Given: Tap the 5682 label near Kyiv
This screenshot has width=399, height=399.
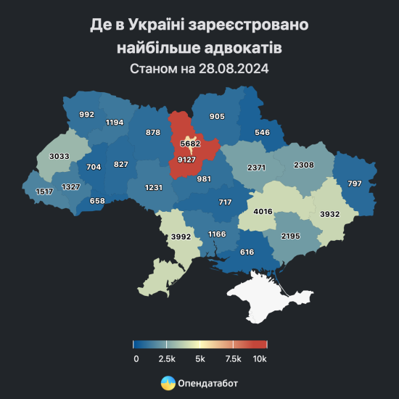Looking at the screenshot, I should (190, 144).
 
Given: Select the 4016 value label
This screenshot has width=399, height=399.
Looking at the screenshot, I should (262, 212).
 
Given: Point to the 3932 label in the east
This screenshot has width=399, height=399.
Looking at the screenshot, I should (332, 215).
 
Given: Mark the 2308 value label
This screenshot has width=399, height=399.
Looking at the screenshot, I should (303, 165).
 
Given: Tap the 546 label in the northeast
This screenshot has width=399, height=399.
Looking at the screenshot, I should (262, 133).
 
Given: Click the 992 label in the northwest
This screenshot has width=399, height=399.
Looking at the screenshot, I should (87, 115).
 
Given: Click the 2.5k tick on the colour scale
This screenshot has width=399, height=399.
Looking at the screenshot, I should (167, 358).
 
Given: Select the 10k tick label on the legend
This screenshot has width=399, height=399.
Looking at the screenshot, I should (260, 358).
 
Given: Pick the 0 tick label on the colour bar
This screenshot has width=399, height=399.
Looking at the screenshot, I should (136, 358).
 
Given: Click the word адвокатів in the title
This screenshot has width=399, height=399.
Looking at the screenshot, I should (243, 47).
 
